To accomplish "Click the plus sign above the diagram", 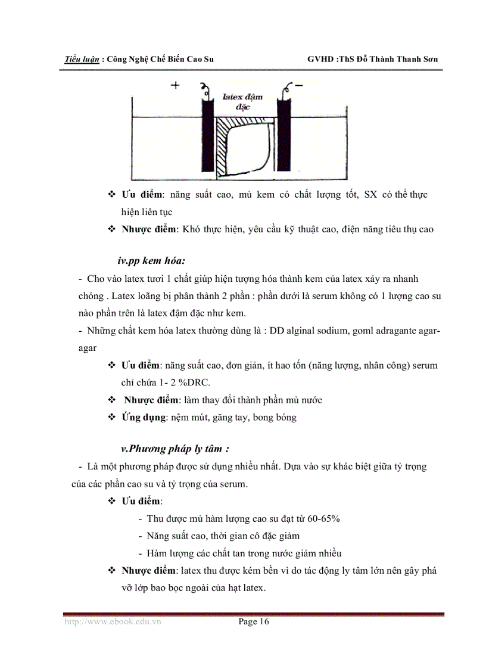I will (175, 85).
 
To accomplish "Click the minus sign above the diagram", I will (299, 85).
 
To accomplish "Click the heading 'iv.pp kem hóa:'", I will (152, 261).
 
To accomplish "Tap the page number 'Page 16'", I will (254, 622).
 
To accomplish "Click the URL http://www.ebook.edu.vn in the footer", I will (113, 622).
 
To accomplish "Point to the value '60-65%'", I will (320, 518).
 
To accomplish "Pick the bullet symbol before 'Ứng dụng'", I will (111, 417).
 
